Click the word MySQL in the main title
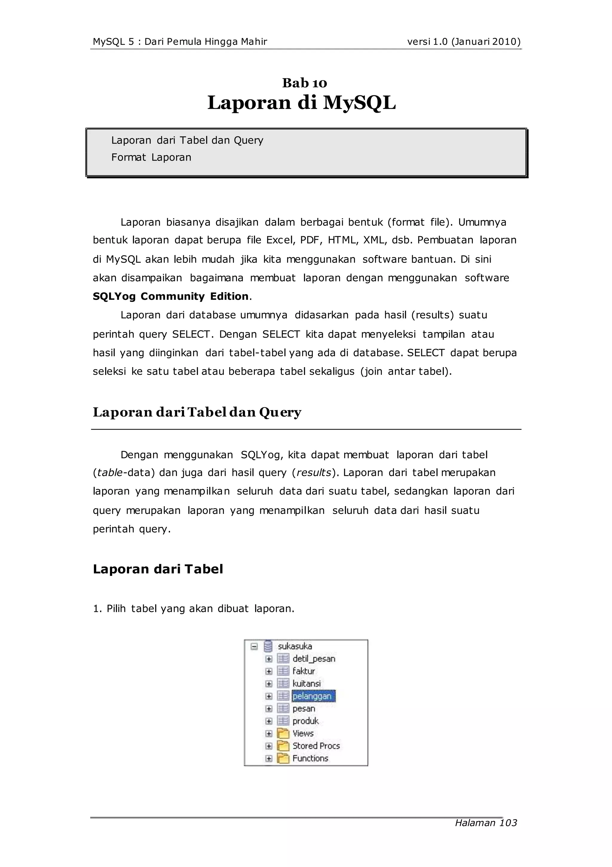pos(359,103)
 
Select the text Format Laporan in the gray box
pos(151,158)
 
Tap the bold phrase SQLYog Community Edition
pos(171,297)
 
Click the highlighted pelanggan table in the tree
pos(313,696)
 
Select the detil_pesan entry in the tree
pos(314,659)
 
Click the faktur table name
pos(304,671)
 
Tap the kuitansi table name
pos(306,683)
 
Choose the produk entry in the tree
pos(305,721)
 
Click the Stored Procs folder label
pos(316,746)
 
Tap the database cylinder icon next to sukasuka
pos(268,646)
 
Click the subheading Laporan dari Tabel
pos(158,569)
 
